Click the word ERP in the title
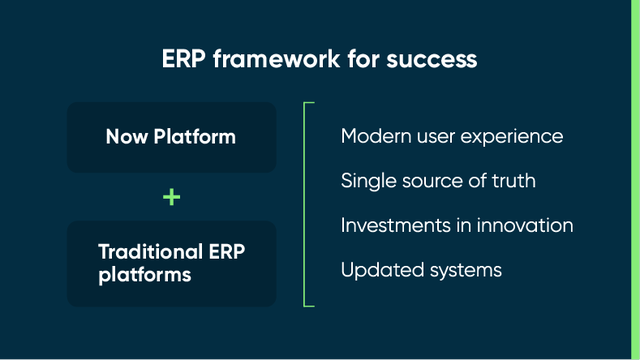click(184, 59)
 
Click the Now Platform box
click(171, 137)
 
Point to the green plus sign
click(172, 197)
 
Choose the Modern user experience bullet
click(452, 135)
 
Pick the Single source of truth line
click(438, 180)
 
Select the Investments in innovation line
click(457, 225)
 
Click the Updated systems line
click(420, 270)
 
